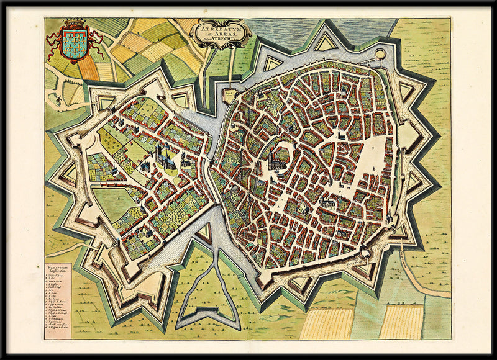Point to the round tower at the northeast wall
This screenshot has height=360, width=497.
click(380, 55)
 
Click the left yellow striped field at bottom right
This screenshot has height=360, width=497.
click(327, 322)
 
